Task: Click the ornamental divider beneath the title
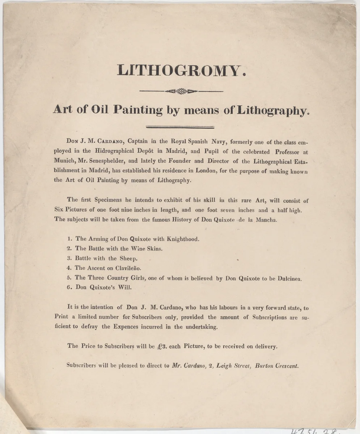click(181, 92)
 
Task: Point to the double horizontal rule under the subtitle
click(179, 127)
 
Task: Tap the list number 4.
click(69, 268)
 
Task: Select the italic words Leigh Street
click(232, 365)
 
